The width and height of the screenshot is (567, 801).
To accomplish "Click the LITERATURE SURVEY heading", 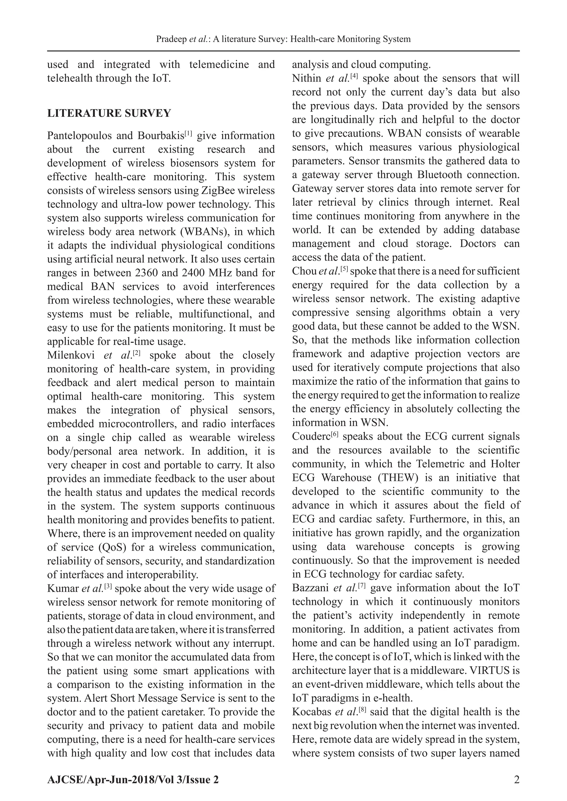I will (x=109, y=113).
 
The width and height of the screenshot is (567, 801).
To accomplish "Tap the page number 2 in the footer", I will (x=517, y=780).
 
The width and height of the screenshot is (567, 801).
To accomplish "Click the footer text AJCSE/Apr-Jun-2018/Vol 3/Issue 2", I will (x=133, y=780).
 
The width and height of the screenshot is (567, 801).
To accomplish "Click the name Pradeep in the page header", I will (x=171, y=39).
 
